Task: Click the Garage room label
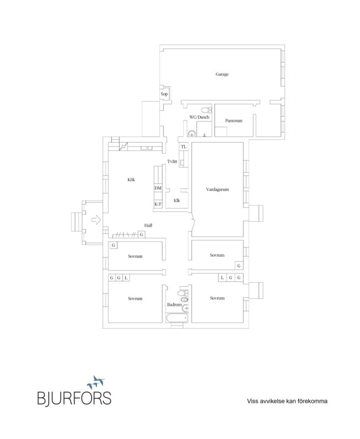click(x=222, y=74)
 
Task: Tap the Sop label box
click(x=164, y=94)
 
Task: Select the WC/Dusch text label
click(x=199, y=117)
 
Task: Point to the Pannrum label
click(x=234, y=121)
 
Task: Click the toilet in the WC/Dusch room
click(x=207, y=110)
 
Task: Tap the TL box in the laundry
click(x=184, y=147)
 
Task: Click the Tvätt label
click(x=172, y=161)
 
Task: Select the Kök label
click(x=131, y=179)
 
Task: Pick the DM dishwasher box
click(x=158, y=188)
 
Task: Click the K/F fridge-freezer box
click(x=158, y=204)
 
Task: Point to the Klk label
click(x=177, y=201)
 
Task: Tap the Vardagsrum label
click(x=217, y=189)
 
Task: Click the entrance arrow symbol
click(x=96, y=219)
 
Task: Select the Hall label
click(x=148, y=225)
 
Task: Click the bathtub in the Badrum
click(x=177, y=318)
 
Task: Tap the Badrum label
click(x=174, y=304)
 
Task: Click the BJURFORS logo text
click(x=74, y=398)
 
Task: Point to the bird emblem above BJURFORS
click(x=96, y=382)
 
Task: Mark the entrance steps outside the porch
click(x=76, y=221)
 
